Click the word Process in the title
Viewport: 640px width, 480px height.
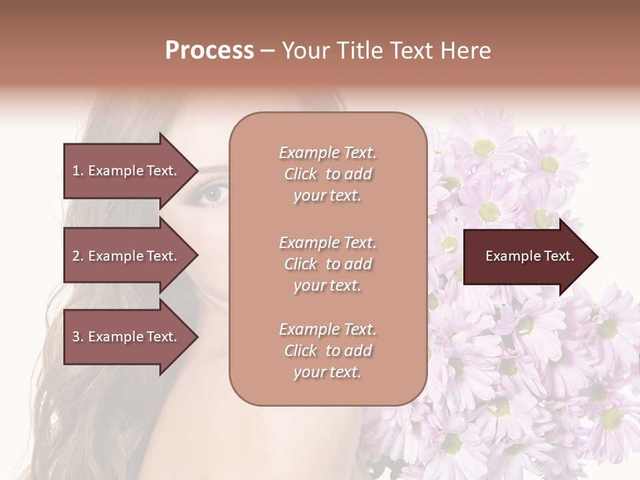click(209, 51)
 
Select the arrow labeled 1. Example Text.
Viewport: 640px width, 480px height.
click(127, 171)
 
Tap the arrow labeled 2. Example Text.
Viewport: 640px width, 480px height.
click(127, 256)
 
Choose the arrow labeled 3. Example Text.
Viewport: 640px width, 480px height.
click(127, 337)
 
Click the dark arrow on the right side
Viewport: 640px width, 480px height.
click(527, 257)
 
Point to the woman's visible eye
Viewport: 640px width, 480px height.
click(212, 194)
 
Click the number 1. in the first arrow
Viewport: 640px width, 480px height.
click(78, 171)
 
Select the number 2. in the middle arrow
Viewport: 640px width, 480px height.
click(78, 256)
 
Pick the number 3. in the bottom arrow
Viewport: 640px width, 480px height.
click(78, 337)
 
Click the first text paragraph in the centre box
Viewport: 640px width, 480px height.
click(327, 174)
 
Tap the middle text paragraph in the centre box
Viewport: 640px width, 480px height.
click(327, 264)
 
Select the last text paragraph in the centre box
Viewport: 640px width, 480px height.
click(327, 351)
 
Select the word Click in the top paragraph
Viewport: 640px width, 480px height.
click(301, 174)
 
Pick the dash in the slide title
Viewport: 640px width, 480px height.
click(268, 51)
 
